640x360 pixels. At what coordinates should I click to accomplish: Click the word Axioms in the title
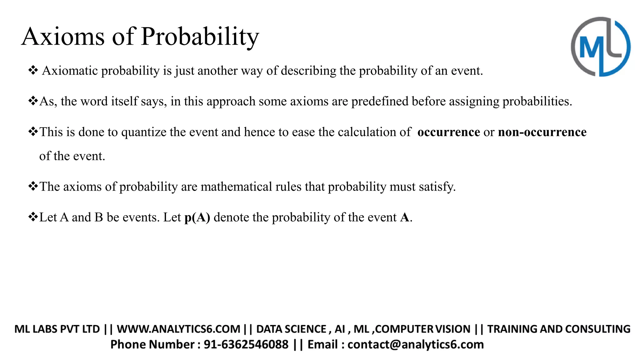(63, 37)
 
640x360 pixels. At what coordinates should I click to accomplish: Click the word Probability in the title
(200, 37)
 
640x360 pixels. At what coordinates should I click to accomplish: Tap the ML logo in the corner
(600, 47)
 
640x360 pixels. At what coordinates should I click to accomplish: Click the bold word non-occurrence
(542, 132)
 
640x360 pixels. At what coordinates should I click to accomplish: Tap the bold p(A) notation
(197, 217)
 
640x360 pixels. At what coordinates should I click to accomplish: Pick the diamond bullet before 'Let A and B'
(33, 217)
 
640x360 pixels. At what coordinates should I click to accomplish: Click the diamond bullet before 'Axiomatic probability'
(33, 70)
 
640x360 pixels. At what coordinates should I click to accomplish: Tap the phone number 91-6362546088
(246, 344)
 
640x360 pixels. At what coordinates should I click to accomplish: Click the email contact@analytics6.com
(416, 344)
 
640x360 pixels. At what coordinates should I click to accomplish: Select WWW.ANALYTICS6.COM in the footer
(178, 329)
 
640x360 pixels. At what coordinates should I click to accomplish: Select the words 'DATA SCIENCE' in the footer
(291, 329)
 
